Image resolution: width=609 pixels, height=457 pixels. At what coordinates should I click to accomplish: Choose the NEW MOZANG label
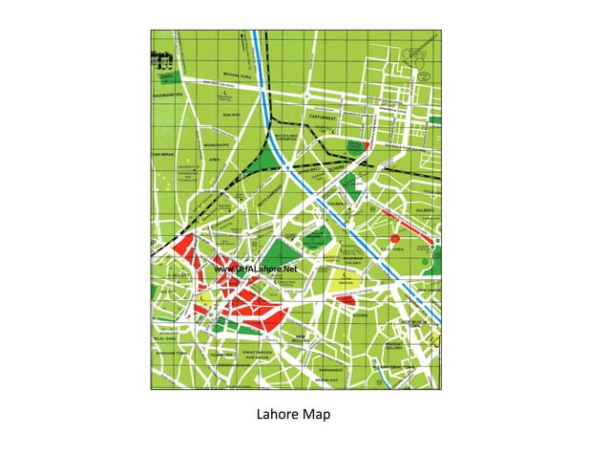302,337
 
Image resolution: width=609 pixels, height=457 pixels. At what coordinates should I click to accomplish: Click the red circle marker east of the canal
393,236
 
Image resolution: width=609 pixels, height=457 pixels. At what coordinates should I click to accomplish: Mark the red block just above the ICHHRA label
346,299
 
